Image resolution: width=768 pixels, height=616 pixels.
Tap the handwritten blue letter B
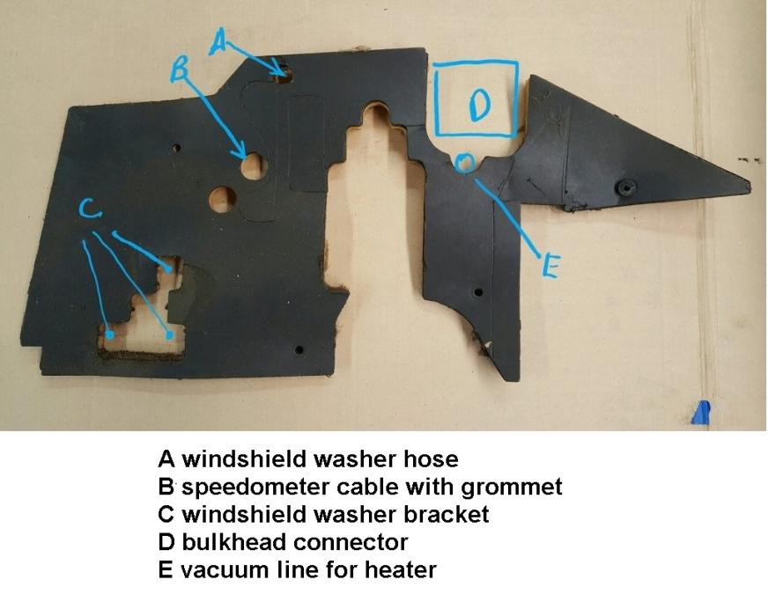coord(180,69)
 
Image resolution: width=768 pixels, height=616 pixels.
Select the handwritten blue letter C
coord(90,209)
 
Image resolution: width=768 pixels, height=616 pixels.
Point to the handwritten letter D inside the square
coord(478,106)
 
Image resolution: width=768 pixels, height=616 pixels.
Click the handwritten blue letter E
coord(550,267)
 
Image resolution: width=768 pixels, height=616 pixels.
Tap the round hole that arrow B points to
coord(254,165)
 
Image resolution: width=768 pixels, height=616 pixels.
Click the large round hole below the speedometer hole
coord(222,199)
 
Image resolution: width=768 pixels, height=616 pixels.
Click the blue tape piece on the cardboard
coord(701,413)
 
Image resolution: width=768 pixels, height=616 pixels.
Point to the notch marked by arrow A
coord(284,75)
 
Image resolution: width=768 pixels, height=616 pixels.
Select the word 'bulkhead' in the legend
coord(234,541)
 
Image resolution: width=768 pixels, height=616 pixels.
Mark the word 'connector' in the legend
coord(351,543)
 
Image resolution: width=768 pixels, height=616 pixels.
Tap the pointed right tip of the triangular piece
coord(750,184)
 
